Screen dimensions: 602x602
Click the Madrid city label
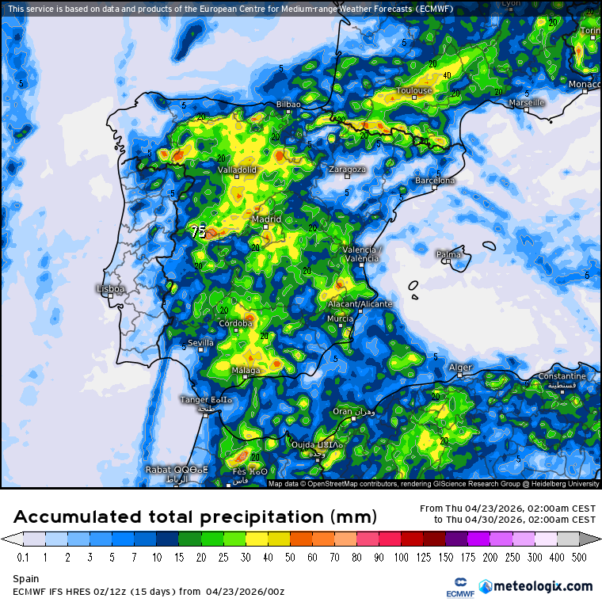tap(266, 219)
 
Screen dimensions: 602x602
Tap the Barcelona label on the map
tap(436, 181)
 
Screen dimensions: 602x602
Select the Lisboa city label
tap(110, 289)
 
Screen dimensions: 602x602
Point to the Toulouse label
tap(414, 90)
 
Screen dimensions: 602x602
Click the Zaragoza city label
tap(347, 170)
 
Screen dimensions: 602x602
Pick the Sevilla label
tap(200, 343)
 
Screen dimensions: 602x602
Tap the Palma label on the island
tap(449, 254)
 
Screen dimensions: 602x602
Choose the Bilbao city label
tap(288, 105)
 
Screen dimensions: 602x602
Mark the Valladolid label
tap(237, 170)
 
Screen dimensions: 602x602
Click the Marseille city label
tap(527, 103)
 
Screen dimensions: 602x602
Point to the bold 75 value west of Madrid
tap(198, 232)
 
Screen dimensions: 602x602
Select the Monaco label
tap(585, 85)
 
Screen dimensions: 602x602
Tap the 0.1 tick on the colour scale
tap(23, 558)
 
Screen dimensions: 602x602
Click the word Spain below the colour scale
tap(26, 579)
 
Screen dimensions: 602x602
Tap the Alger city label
tap(460, 368)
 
